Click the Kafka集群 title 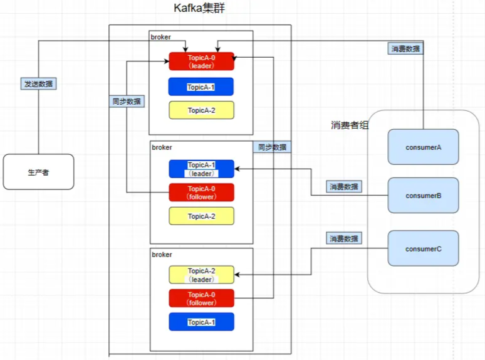tap(199, 8)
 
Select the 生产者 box tap(38, 172)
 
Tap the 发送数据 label tap(38, 83)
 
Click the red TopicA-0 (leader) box tap(201, 61)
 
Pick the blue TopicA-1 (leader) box tap(201, 169)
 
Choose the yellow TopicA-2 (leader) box tap(201, 275)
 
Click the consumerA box tap(423, 147)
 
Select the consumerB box tap(423, 195)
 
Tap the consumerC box tap(423, 248)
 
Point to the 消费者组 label tap(350, 125)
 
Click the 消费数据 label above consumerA tap(405, 48)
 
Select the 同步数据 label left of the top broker tap(127, 101)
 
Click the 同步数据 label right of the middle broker tap(272, 147)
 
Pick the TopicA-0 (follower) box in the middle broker tap(201, 193)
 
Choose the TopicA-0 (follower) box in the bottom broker tap(201, 299)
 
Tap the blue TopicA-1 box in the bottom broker tap(201, 322)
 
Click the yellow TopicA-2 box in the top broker tap(201, 110)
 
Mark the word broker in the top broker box tap(160, 37)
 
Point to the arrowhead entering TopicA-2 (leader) tap(237, 275)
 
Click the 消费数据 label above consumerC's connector tap(344, 238)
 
